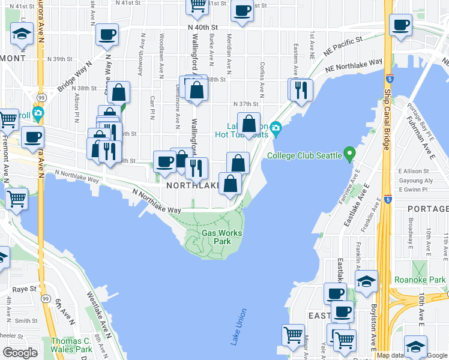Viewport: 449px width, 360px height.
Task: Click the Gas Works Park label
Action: pos(221,237)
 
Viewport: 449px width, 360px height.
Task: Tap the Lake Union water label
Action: pos(238,327)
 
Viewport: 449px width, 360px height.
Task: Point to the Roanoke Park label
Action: pos(420,280)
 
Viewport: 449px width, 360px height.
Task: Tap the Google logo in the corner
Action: pos(20,353)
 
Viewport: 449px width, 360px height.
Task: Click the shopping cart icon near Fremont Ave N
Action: pos(17,197)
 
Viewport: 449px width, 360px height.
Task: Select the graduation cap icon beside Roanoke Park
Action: pos(366,281)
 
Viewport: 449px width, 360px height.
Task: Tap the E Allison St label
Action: pos(416,171)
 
